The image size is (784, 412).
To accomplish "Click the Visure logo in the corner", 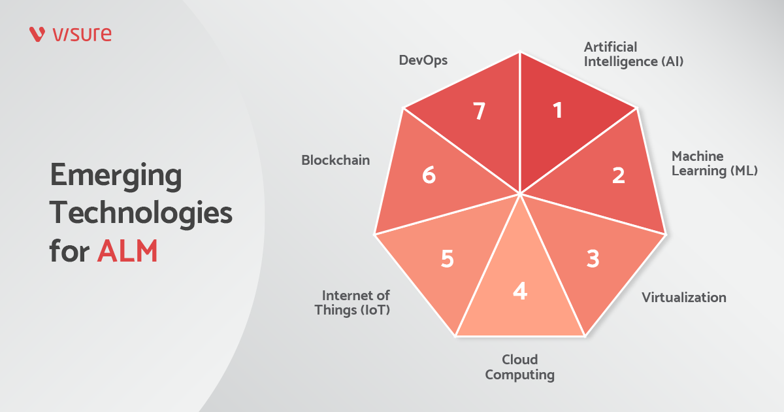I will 71,34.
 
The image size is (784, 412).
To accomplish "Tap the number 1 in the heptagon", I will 557,111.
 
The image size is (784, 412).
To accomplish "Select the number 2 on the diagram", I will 618,175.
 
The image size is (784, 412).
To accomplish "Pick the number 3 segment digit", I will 592,259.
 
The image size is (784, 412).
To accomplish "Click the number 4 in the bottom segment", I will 519,290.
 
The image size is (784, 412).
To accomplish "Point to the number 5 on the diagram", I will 447,259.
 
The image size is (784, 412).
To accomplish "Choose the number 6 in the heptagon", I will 429,175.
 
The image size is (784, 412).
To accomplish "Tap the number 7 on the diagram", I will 480,112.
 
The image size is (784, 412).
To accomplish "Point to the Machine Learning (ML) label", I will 714,164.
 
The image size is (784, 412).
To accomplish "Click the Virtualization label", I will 683,298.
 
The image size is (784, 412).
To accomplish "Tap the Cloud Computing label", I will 519,368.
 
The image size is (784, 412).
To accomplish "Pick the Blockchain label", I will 335,160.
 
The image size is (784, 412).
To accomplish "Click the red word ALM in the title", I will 127,251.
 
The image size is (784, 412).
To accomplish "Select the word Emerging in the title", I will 116,177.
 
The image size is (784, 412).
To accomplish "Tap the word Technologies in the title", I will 141,213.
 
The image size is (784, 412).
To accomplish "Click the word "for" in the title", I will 69,251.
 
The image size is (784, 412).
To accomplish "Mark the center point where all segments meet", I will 520,194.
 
